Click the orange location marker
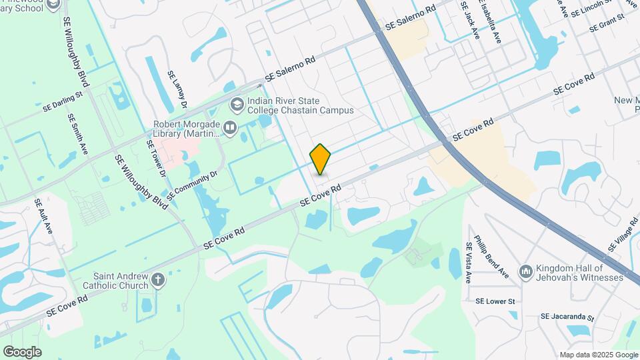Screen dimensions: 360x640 (x=321, y=159)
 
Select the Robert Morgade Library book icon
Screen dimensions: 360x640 (x=230, y=127)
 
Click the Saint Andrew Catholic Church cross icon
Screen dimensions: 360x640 (x=158, y=279)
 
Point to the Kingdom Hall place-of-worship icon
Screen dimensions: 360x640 (x=526, y=271)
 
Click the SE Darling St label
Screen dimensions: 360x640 (x=62, y=100)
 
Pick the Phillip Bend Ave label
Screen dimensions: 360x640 (x=491, y=257)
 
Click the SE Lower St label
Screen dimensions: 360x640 (x=496, y=301)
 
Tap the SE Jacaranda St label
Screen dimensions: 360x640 (x=567, y=317)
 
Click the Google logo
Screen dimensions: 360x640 (x=22, y=351)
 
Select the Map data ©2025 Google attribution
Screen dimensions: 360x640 (x=598, y=355)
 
